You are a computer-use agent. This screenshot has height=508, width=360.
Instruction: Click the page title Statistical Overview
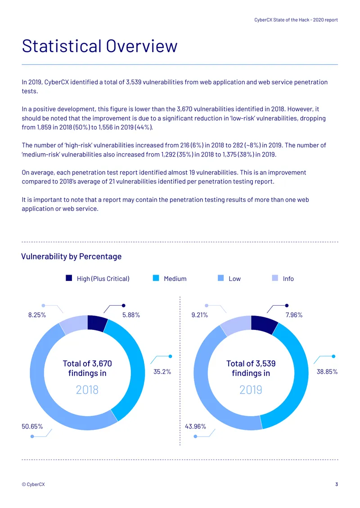(99, 46)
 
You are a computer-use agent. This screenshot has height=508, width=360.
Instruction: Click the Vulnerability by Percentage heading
(72, 256)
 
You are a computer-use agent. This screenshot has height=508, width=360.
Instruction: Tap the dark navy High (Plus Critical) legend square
(69, 278)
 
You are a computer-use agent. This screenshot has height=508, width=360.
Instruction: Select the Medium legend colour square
(156, 278)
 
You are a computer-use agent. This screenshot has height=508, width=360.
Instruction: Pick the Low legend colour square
(221, 278)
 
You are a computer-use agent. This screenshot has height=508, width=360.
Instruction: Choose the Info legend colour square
(275, 278)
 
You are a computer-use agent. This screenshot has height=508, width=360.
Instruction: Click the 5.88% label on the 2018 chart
(131, 315)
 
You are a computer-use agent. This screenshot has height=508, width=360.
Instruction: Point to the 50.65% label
(32, 426)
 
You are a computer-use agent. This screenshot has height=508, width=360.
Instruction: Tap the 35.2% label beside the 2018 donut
(162, 372)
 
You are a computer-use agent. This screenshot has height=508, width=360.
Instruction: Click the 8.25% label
(37, 315)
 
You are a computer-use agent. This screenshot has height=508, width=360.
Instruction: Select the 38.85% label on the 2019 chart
(327, 372)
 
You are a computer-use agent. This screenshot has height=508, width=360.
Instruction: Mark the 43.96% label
(195, 426)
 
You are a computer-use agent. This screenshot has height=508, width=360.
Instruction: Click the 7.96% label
(294, 315)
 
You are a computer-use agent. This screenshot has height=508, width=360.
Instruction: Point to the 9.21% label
(199, 315)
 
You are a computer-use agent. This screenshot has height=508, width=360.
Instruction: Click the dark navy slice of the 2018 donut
(97, 323)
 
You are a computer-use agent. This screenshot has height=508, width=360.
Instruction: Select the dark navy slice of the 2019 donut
(263, 324)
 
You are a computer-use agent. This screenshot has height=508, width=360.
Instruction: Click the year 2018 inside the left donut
(87, 389)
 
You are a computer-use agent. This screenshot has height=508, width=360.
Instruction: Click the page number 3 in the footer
(337, 484)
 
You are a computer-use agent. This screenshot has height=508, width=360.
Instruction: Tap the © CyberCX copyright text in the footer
(33, 484)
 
